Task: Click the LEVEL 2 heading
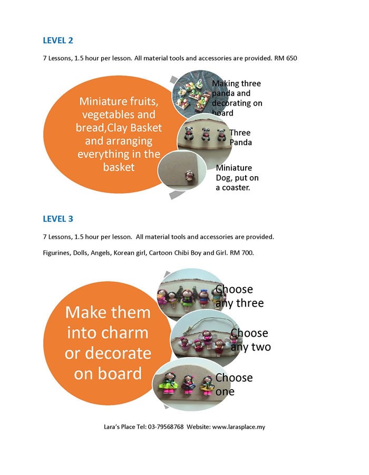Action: click(x=58, y=40)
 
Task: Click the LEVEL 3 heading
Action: click(x=58, y=218)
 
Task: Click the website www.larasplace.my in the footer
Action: click(x=239, y=427)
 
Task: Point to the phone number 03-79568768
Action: click(x=166, y=427)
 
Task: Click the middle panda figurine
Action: click(x=206, y=134)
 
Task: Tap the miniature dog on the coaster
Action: click(x=190, y=176)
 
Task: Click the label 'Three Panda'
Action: click(x=240, y=138)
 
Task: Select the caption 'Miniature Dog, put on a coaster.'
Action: click(x=237, y=177)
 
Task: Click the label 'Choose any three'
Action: click(x=239, y=296)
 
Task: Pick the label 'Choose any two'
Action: click(x=251, y=340)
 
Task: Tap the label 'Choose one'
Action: click(x=234, y=384)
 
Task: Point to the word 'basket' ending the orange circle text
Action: click(x=119, y=167)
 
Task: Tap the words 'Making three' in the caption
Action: click(x=236, y=83)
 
